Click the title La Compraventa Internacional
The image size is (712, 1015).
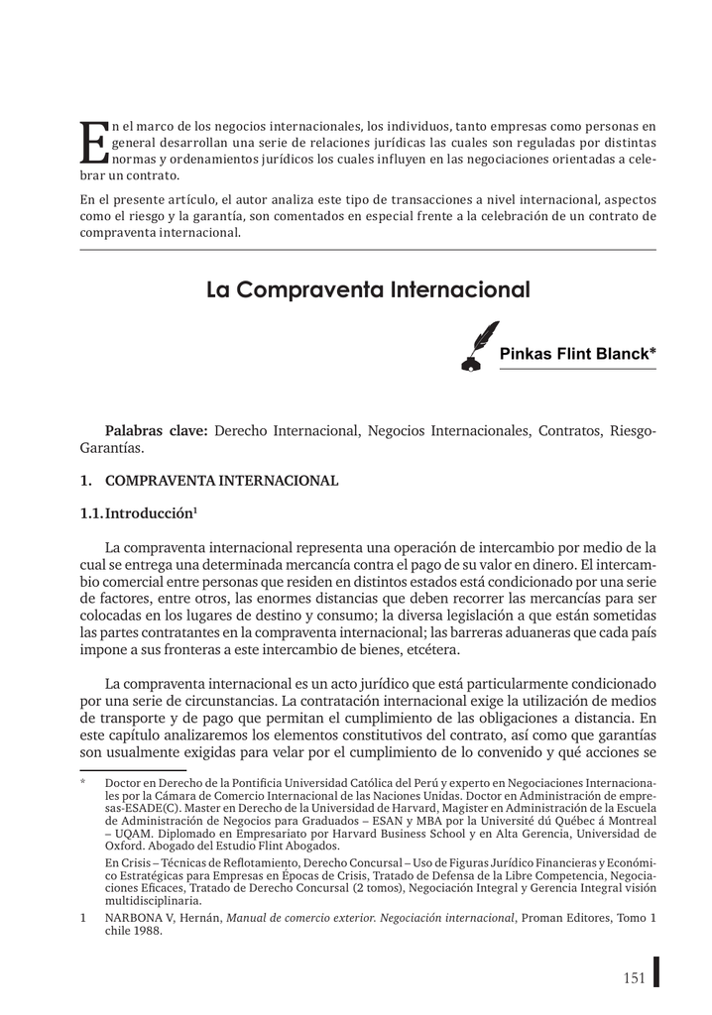click(x=368, y=290)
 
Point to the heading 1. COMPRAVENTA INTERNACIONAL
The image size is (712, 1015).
click(x=208, y=481)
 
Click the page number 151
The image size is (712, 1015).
click(x=634, y=978)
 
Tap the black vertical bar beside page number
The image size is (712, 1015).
click(x=655, y=971)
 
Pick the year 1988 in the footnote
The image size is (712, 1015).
click(x=150, y=931)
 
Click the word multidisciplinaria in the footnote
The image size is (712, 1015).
click(x=150, y=901)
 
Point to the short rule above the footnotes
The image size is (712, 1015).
click(x=133, y=769)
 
